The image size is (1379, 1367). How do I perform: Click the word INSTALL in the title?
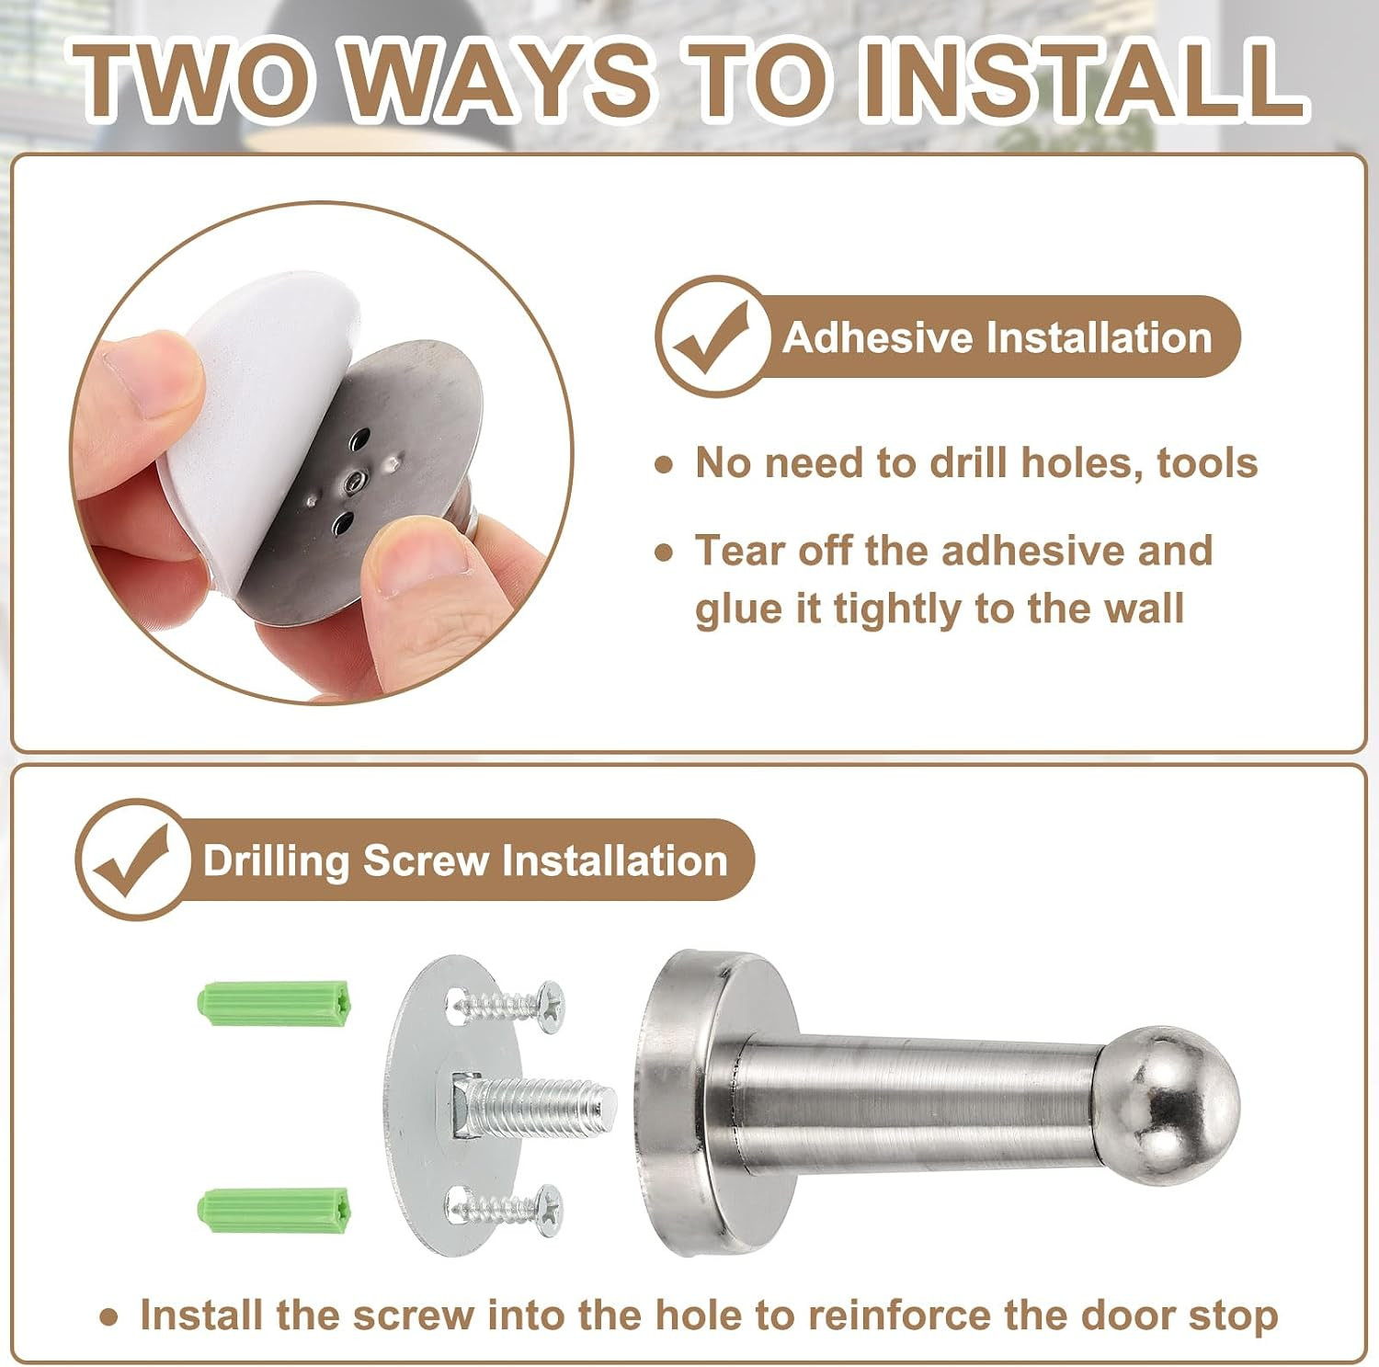1082,79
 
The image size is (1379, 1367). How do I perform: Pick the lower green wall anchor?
274,1212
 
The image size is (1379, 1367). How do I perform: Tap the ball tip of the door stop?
1180,1105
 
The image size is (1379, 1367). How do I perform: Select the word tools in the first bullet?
1207,462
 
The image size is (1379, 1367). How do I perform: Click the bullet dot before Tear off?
664,552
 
